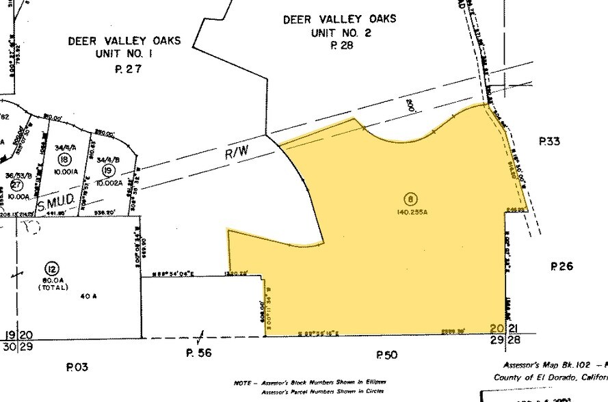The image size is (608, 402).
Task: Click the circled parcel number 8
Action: tap(410, 200)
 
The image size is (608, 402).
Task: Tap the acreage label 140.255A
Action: tap(410, 212)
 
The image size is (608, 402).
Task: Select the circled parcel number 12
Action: tap(50, 267)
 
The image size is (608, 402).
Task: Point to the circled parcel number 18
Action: tap(65, 159)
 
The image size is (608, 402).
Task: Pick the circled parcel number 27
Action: tap(18, 184)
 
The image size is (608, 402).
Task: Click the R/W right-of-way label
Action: tap(237, 155)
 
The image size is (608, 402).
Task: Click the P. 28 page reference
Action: tap(340, 46)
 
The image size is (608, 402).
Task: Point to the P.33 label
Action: tap(549, 142)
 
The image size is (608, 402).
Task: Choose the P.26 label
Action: tap(561, 267)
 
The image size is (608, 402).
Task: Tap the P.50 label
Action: tap(386, 354)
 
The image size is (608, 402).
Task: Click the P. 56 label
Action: tap(200, 353)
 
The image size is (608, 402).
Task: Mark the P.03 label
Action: tap(77, 367)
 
